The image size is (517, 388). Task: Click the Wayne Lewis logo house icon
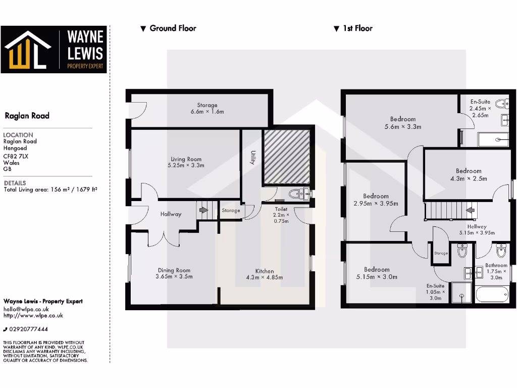[28, 50]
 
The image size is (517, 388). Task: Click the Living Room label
[186, 159]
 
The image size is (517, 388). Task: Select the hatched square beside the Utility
[286, 157]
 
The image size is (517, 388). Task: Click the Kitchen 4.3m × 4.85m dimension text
[265, 277]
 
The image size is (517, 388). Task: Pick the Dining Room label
[174, 270]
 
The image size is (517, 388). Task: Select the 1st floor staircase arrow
[470, 210]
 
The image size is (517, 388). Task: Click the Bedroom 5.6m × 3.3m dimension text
[403, 127]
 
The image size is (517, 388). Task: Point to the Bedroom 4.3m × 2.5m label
[469, 171]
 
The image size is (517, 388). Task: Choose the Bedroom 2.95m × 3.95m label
[376, 196]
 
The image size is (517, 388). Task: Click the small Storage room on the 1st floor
[441, 253]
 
